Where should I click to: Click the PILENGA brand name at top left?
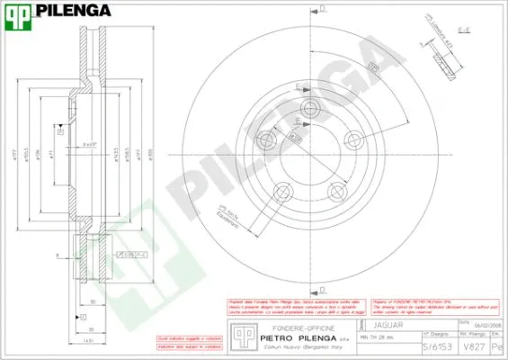77,11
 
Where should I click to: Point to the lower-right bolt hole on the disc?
337,190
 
